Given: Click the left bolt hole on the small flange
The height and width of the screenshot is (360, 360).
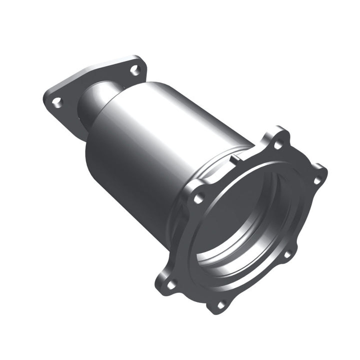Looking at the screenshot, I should (x=57, y=102).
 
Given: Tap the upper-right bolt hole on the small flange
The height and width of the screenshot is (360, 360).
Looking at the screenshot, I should (x=134, y=69).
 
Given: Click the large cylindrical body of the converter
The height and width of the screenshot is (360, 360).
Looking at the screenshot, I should (x=150, y=150).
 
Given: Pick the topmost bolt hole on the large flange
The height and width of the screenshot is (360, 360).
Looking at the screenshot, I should (x=278, y=145).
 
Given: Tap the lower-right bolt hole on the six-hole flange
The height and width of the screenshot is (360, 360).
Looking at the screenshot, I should (x=287, y=254).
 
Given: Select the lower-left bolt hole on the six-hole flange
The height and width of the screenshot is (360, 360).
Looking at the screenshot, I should (x=170, y=284).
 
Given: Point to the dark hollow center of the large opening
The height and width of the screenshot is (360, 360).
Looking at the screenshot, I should (x=245, y=215).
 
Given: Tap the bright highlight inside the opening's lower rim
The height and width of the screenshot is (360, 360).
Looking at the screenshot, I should (x=235, y=265).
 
